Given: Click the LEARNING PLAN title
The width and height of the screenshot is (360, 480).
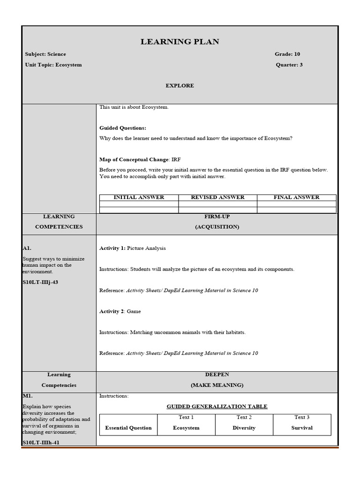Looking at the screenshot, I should tap(180, 42).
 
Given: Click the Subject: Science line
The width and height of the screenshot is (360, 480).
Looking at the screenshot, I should tap(45, 54).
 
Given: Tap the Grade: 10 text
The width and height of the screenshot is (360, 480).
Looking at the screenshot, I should tap(287, 54).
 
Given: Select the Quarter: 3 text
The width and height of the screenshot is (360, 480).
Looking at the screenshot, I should tap(289, 65).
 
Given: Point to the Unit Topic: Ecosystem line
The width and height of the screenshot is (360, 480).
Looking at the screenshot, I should tap(53, 65).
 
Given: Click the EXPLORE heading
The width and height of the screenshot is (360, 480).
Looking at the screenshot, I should tap(180, 86).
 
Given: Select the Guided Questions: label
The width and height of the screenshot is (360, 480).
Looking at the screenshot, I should tap(123, 128).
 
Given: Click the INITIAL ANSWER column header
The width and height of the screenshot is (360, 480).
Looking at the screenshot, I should tap(139, 197).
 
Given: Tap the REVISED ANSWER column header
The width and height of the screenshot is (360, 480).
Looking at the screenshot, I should tap(217, 197).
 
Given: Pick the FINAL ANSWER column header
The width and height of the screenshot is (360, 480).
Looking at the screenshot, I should tap(296, 197).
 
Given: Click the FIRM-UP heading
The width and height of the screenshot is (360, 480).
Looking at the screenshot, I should tap(217, 217).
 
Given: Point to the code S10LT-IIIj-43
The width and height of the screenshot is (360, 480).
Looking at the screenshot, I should tap(40, 282).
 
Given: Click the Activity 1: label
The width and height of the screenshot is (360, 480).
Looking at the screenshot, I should tap(112, 248).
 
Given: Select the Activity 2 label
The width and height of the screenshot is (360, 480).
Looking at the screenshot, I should tap(112, 311).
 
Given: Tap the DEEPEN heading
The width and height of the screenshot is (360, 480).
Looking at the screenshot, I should tap(217, 375).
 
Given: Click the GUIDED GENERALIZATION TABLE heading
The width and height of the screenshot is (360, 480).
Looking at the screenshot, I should tap(217, 406).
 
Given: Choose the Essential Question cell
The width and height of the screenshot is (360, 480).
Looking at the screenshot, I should tap(128, 428).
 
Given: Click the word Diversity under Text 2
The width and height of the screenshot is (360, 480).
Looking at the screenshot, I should tap(244, 428).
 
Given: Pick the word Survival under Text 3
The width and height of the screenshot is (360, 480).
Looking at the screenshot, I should tap(302, 428).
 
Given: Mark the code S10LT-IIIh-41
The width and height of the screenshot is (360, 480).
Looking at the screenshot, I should tap(41, 442).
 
